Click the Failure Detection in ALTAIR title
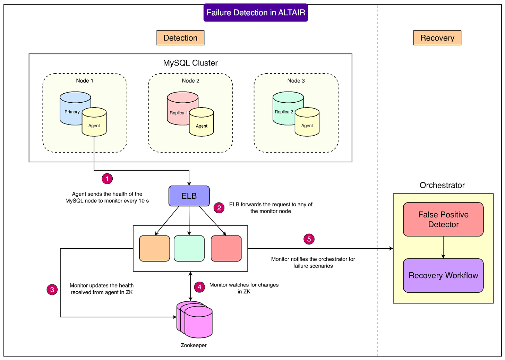(x=256, y=12)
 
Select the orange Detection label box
(x=180, y=38)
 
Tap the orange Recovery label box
(x=437, y=38)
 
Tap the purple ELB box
(x=189, y=196)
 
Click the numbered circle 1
(x=107, y=179)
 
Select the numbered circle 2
(x=219, y=208)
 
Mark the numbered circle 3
(x=52, y=290)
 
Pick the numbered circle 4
(x=199, y=287)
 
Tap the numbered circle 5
(x=309, y=239)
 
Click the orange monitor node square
(x=154, y=248)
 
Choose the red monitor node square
(x=226, y=248)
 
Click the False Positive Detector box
(x=443, y=220)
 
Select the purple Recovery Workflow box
(x=443, y=275)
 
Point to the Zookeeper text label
(x=194, y=345)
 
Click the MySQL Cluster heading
(x=190, y=63)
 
